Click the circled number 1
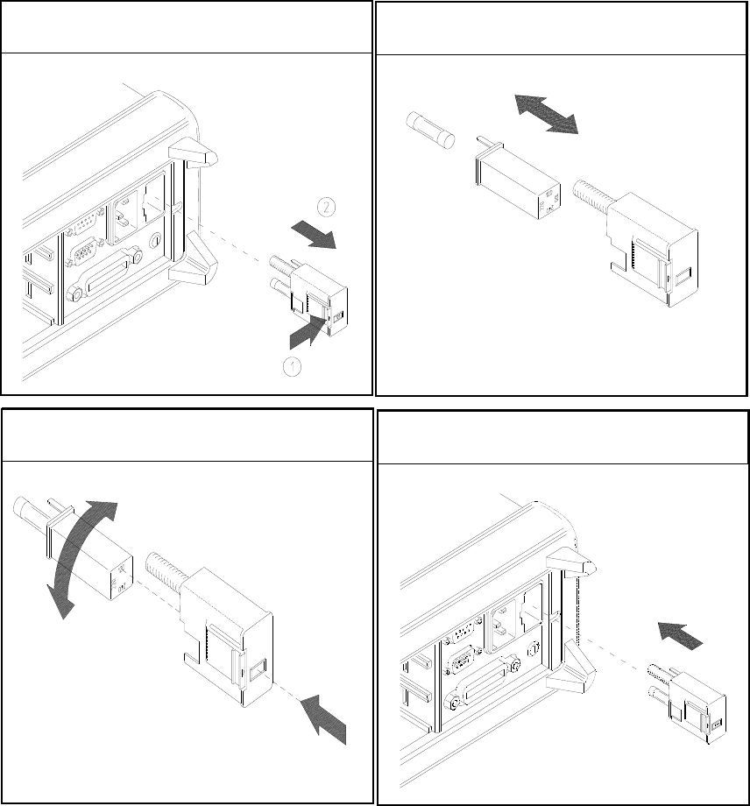coord(292,367)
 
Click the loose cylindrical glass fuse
coord(429,132)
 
